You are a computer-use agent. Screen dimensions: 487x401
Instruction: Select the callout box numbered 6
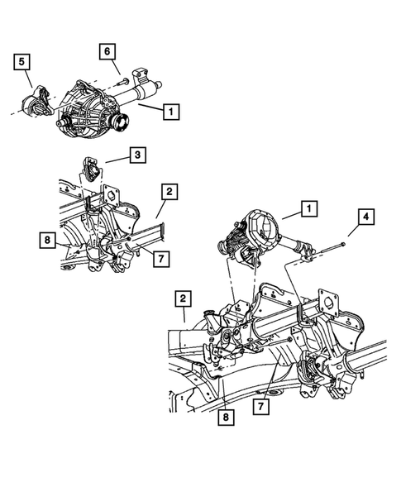[107, 51]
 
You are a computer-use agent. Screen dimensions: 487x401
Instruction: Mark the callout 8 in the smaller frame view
[47, 241]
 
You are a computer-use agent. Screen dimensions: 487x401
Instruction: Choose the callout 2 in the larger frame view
[183, 298]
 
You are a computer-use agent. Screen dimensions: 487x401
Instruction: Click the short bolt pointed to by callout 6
[124, 80]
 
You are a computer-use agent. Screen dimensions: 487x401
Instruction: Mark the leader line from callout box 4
[354, 230]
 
